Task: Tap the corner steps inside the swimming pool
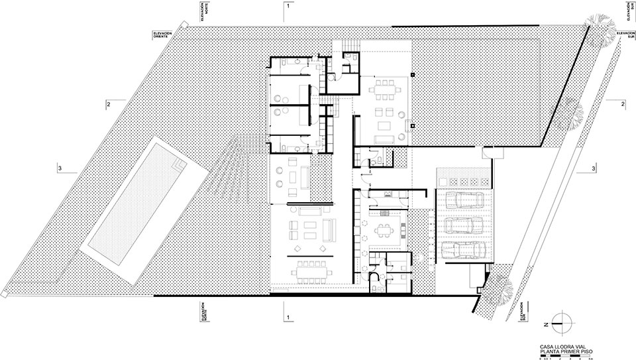pyautogui.click(x=178, y=163)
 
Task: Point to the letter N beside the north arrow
pyautogui.click(x=545, y=324)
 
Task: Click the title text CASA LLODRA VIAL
pyautogui.click(x=562, y=345)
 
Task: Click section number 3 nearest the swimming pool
pyautogui.click(x=59, y=168)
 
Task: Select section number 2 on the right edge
pyautogui.click(x=622, y=105)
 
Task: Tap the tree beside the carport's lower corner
pyautogui.click(x=503, y=286)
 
